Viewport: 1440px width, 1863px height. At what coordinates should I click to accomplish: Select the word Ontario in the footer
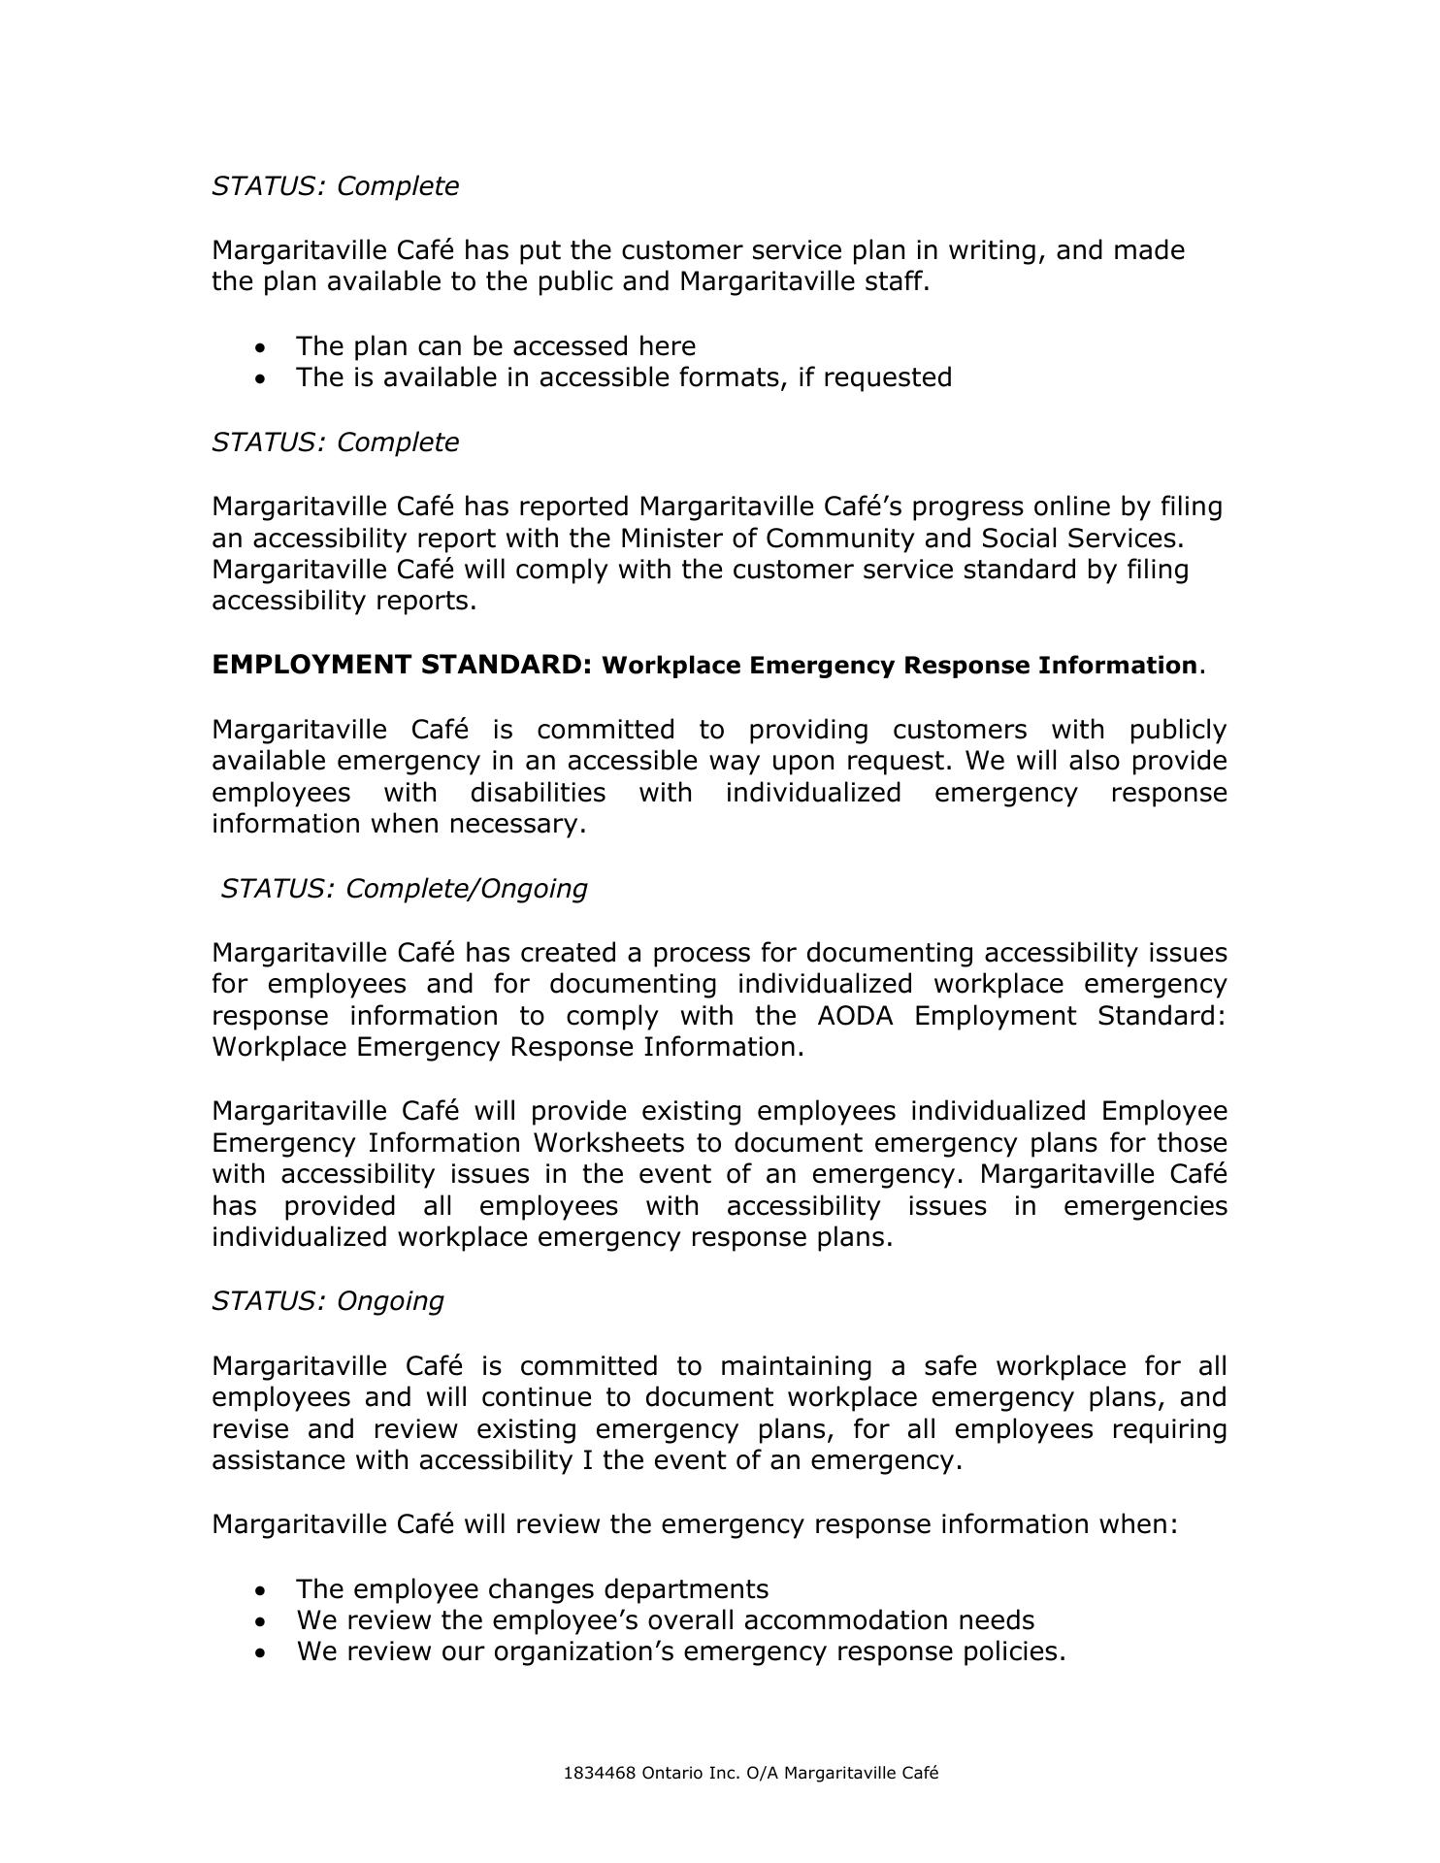pos(672,1773)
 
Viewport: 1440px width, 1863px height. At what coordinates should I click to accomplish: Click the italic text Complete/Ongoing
pos(466,888)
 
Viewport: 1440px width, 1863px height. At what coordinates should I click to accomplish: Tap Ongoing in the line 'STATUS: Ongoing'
pos(390,1300)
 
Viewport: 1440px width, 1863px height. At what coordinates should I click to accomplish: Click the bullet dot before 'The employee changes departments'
pos(259,1590)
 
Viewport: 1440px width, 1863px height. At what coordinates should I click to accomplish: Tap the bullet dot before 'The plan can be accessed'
pos(259,347)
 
